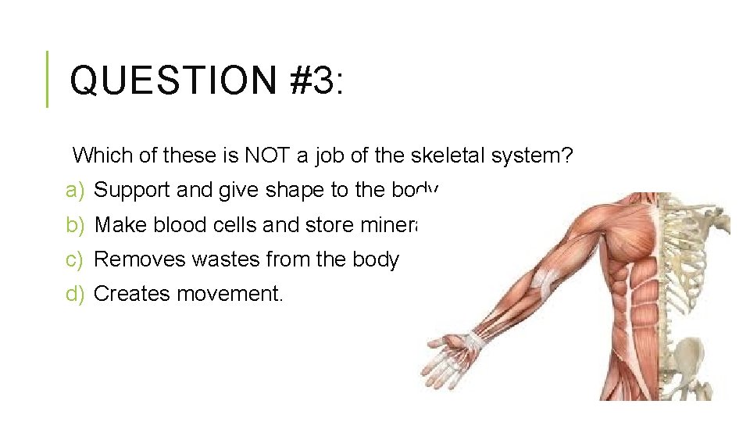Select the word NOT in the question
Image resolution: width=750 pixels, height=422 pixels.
coord(267,156)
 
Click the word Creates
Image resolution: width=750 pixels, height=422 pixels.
coord(132,294)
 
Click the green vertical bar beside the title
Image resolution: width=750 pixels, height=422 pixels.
coord(46,79)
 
